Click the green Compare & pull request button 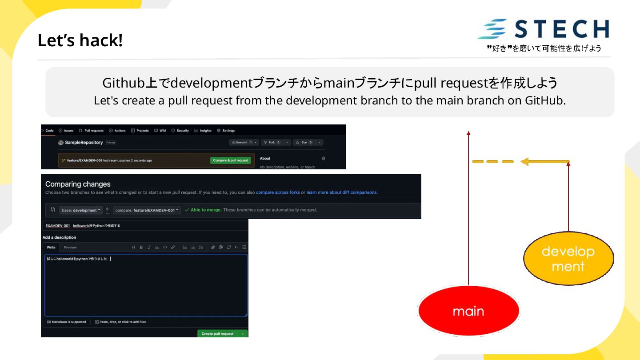[230, 160]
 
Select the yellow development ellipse [568, 258]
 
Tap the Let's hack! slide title [80, 40]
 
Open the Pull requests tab [91, 131]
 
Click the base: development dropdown [81, 210]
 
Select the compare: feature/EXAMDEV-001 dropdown [147, 210]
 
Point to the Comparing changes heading [78, 184]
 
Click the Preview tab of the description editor [70, 248]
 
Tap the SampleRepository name [84, 143]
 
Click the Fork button [272, 143]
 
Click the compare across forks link [278, 192]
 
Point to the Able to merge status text [206, 210]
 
